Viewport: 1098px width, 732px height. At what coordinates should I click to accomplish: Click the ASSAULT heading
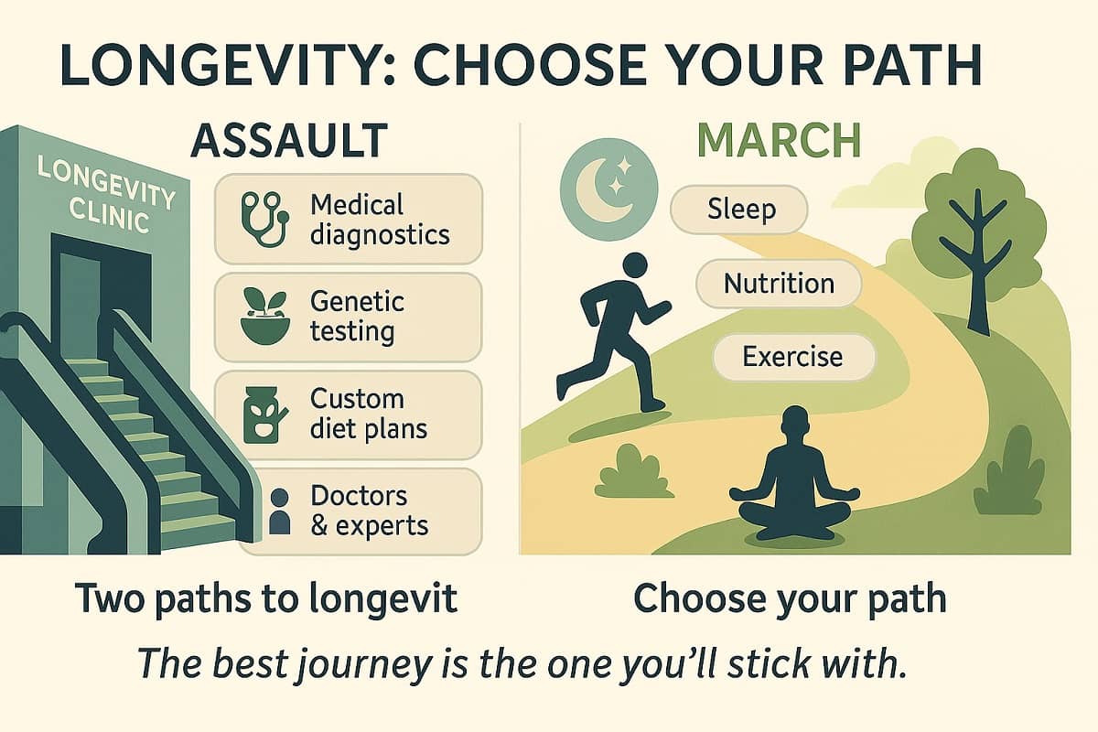289,141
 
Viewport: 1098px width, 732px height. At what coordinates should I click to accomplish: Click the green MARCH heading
779,141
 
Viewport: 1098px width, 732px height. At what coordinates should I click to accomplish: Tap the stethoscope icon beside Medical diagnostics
264,219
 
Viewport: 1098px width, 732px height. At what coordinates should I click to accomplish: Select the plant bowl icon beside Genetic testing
264,316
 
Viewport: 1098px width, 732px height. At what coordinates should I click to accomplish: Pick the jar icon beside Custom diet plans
264,414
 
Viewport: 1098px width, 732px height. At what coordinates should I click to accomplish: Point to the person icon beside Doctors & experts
280,511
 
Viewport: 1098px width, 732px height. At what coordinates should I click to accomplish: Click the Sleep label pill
739,210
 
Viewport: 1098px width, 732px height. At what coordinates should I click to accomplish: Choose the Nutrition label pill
779,284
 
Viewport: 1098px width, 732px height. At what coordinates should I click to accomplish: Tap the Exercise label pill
793,357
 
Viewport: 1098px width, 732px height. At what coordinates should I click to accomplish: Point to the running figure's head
635,265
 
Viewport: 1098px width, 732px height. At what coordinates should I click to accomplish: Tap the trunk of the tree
978,274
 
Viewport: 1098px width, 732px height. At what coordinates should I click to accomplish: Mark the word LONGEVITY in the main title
221,65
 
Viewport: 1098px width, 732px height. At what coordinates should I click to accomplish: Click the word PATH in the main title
913,65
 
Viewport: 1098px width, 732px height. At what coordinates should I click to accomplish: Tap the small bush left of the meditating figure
633,471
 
